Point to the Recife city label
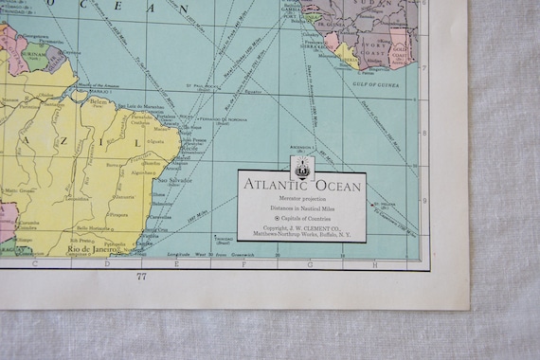coord(187,148)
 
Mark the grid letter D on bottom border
coord(106,263)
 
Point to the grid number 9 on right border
coord(424,199)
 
